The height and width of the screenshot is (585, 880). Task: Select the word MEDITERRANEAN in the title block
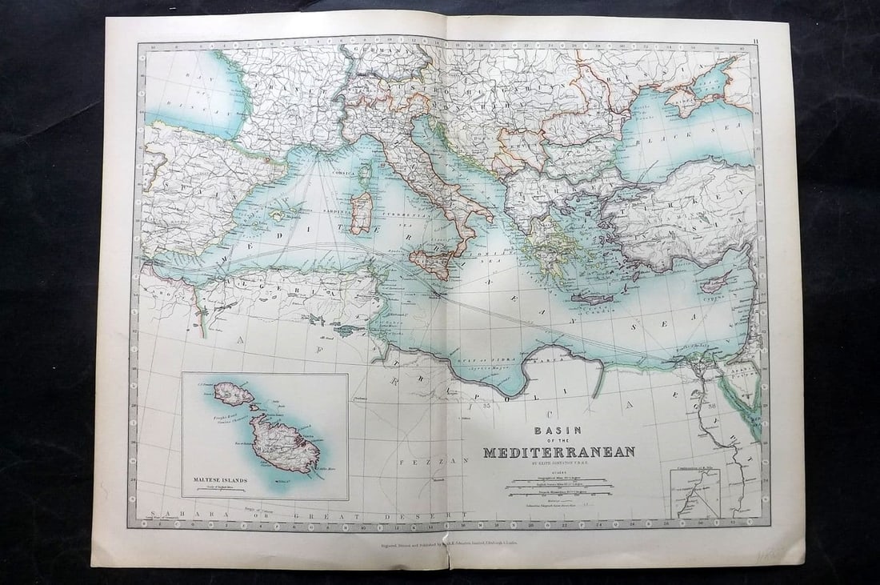(558, 452)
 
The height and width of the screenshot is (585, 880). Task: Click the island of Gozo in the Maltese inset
(234, 393)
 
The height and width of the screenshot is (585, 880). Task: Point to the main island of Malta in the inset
(283, 444)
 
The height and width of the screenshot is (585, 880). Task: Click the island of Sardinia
(362, 212)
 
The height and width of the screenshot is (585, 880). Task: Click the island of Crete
(592, 299)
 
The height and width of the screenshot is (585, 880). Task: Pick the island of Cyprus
(715, 284)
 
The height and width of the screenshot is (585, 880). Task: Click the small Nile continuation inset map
(695, 493)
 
